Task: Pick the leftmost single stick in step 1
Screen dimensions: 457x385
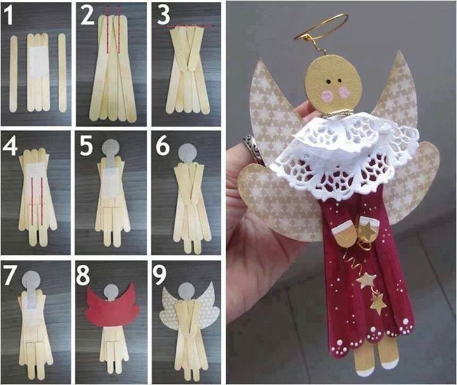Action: click(x=13, y=74)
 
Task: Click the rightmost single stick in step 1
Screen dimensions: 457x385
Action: click(x=62, y=73)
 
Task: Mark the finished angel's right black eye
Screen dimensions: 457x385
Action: click(x=339, y=80)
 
